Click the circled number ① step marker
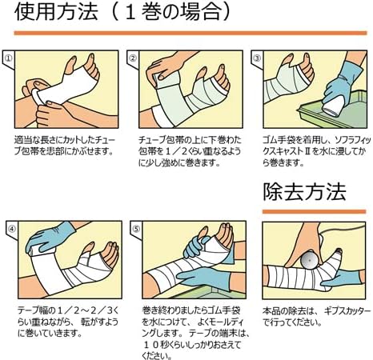[x=9, y=58]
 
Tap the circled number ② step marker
[x=133, y=58]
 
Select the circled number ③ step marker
[x=257, y=58]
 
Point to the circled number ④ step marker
[x=12, y=229]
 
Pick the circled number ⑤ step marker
[x=136, y=229]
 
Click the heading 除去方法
[x=304, y=192]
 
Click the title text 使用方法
[x=56, y=12]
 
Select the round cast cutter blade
[x=310, y=259]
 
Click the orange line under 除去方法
[x=314, y=211]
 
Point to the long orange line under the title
[x=191, y=33]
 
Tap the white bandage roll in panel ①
[x=38, y=97]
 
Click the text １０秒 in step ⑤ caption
[x=158, y=345]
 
